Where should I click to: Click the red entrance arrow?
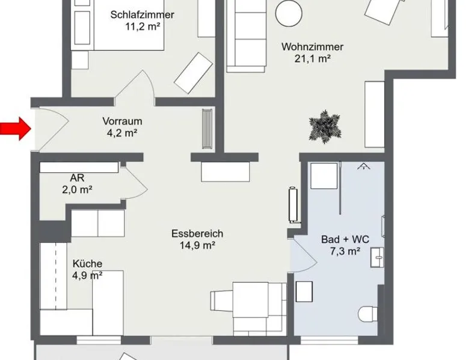[x=16, y=129]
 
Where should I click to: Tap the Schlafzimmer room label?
[x=142, y=14]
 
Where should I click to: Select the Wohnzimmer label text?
[x=312, y=47]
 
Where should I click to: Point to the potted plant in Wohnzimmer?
[x=325, y=127]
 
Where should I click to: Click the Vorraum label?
[x=122, y=121]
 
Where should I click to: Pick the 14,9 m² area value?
[x=197, y=245]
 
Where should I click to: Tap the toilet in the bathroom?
[x=368, y=314]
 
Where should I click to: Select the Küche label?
[x=87, y=264]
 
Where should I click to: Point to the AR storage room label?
[x=77, y=178]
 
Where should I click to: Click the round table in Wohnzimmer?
[x=289, y=13]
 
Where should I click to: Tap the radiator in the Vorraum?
[x=207, y=129]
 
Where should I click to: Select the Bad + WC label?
[x=345, y=240]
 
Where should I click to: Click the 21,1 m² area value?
[x=312, y=59]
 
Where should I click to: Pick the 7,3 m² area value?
[x=345, y=251]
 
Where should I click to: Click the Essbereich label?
[x=197, y=234]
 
